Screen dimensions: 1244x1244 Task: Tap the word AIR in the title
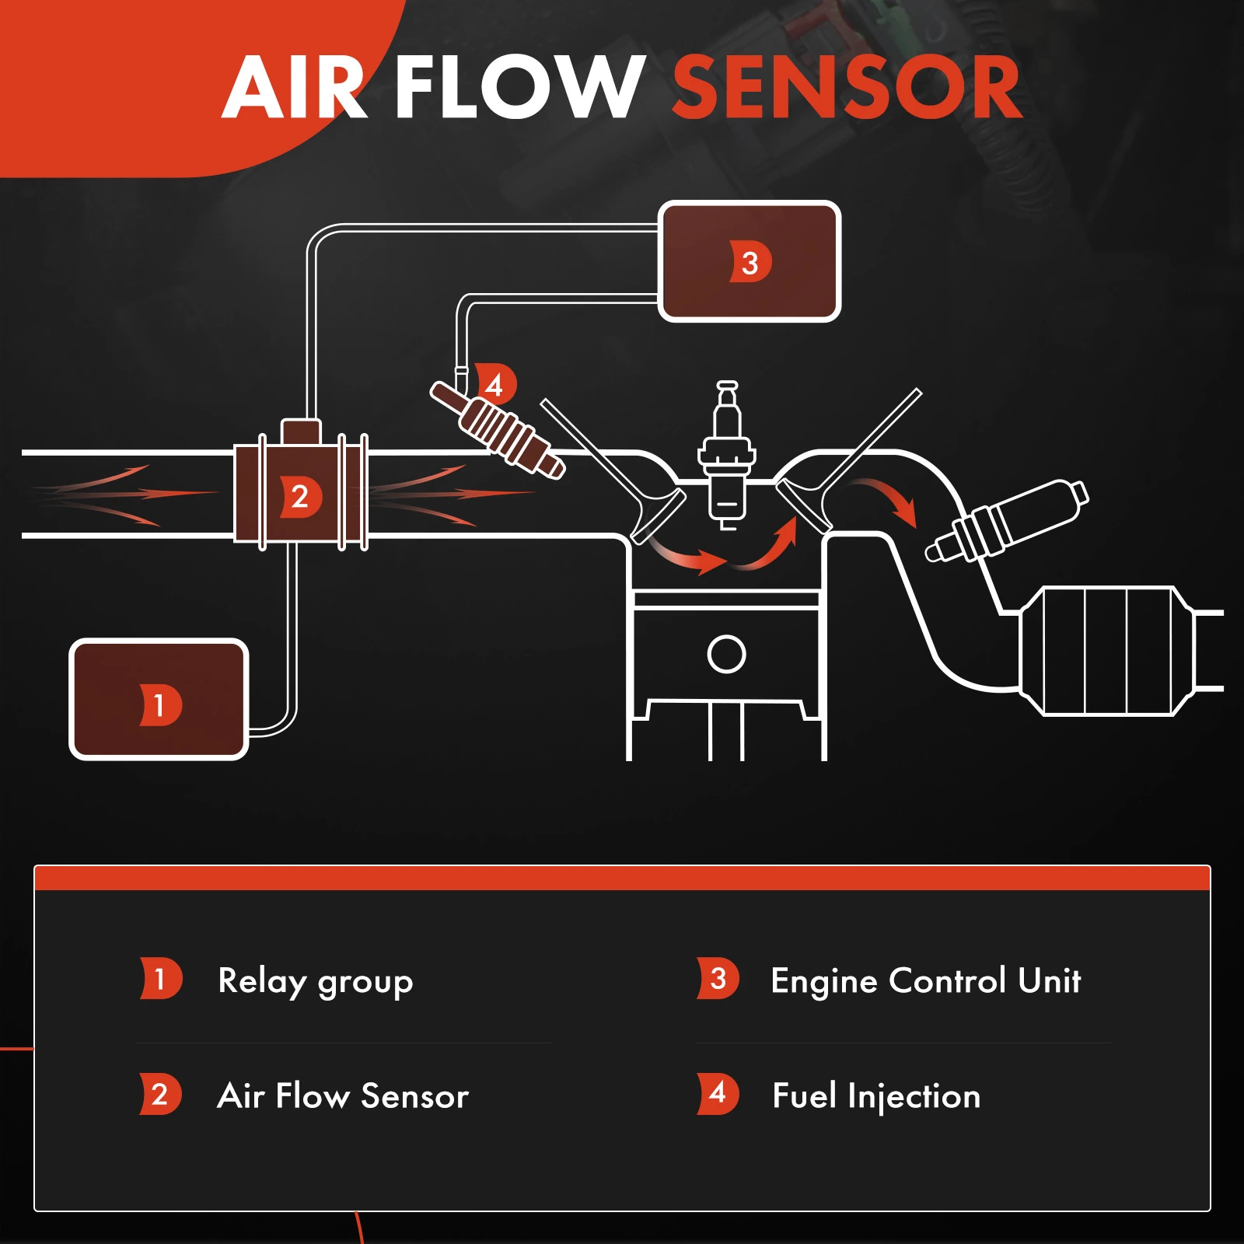(x=294, y=87)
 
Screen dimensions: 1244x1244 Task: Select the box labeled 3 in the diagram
(x=750, y=261)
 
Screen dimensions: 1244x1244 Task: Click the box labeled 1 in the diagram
(x=159, y=699)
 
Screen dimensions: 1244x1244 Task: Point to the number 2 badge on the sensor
(x=300, y=496)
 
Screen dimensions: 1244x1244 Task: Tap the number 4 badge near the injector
(x=495, y=383)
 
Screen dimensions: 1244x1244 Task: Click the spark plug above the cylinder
(x=727, y=455)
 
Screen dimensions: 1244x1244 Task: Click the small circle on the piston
(x=726, y=654)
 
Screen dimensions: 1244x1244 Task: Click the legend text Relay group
(x=315, y=981)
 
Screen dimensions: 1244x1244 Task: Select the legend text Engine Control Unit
(x=925, y=981)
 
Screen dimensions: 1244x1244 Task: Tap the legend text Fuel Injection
(x=876, y=1095)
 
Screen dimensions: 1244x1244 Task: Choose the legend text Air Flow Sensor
(x=343, y=1095)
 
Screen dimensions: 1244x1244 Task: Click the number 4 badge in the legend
(x=718, y=1093)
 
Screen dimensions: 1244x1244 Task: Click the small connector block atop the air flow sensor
(x=301, y=431)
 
